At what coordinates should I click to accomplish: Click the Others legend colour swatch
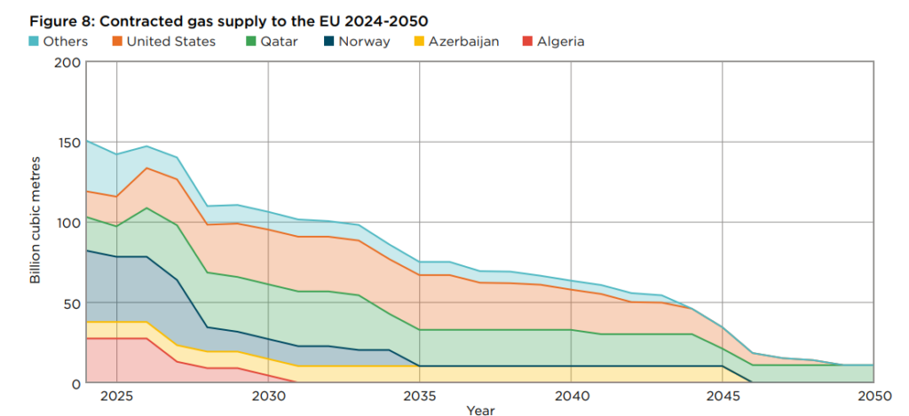(x=34, y=41)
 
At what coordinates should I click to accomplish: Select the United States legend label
(x=170, y=41)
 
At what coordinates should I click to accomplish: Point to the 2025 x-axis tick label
(x=117, y=395)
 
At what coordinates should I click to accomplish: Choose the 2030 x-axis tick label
(x=268, y=395)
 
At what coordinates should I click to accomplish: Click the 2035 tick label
(x=420, y=395)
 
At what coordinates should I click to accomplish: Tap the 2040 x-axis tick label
(x=571, y=395)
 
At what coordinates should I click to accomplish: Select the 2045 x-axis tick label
(x=723, y=395)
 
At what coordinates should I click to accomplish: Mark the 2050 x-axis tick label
(x=873, y=395)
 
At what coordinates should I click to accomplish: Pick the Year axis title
(x=480, y=410)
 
